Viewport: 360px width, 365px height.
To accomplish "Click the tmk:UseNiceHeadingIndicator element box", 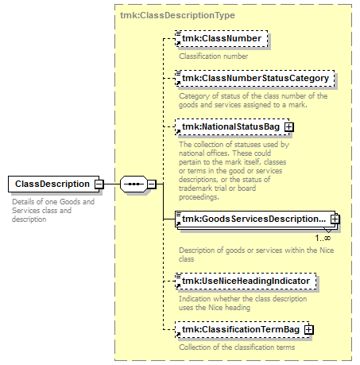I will [x=247, y=282].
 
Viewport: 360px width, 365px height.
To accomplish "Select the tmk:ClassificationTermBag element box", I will [x=241, y=329].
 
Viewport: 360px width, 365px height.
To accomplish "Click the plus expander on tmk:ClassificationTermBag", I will [x=308, y=329].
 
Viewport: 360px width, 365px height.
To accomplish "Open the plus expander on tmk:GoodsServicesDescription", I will [x=335, y=219].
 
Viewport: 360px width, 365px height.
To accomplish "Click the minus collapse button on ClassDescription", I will [x=99, y=184].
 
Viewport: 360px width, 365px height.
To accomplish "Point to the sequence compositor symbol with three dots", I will [x=132, y=184].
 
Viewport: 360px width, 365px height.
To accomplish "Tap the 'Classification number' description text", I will [x=213, y=56].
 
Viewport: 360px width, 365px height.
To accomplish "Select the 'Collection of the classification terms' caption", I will [x=236, y=347].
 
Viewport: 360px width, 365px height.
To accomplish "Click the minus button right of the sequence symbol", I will [x=151, y=184].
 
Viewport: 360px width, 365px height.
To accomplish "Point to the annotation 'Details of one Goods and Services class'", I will [x=53, y=210].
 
